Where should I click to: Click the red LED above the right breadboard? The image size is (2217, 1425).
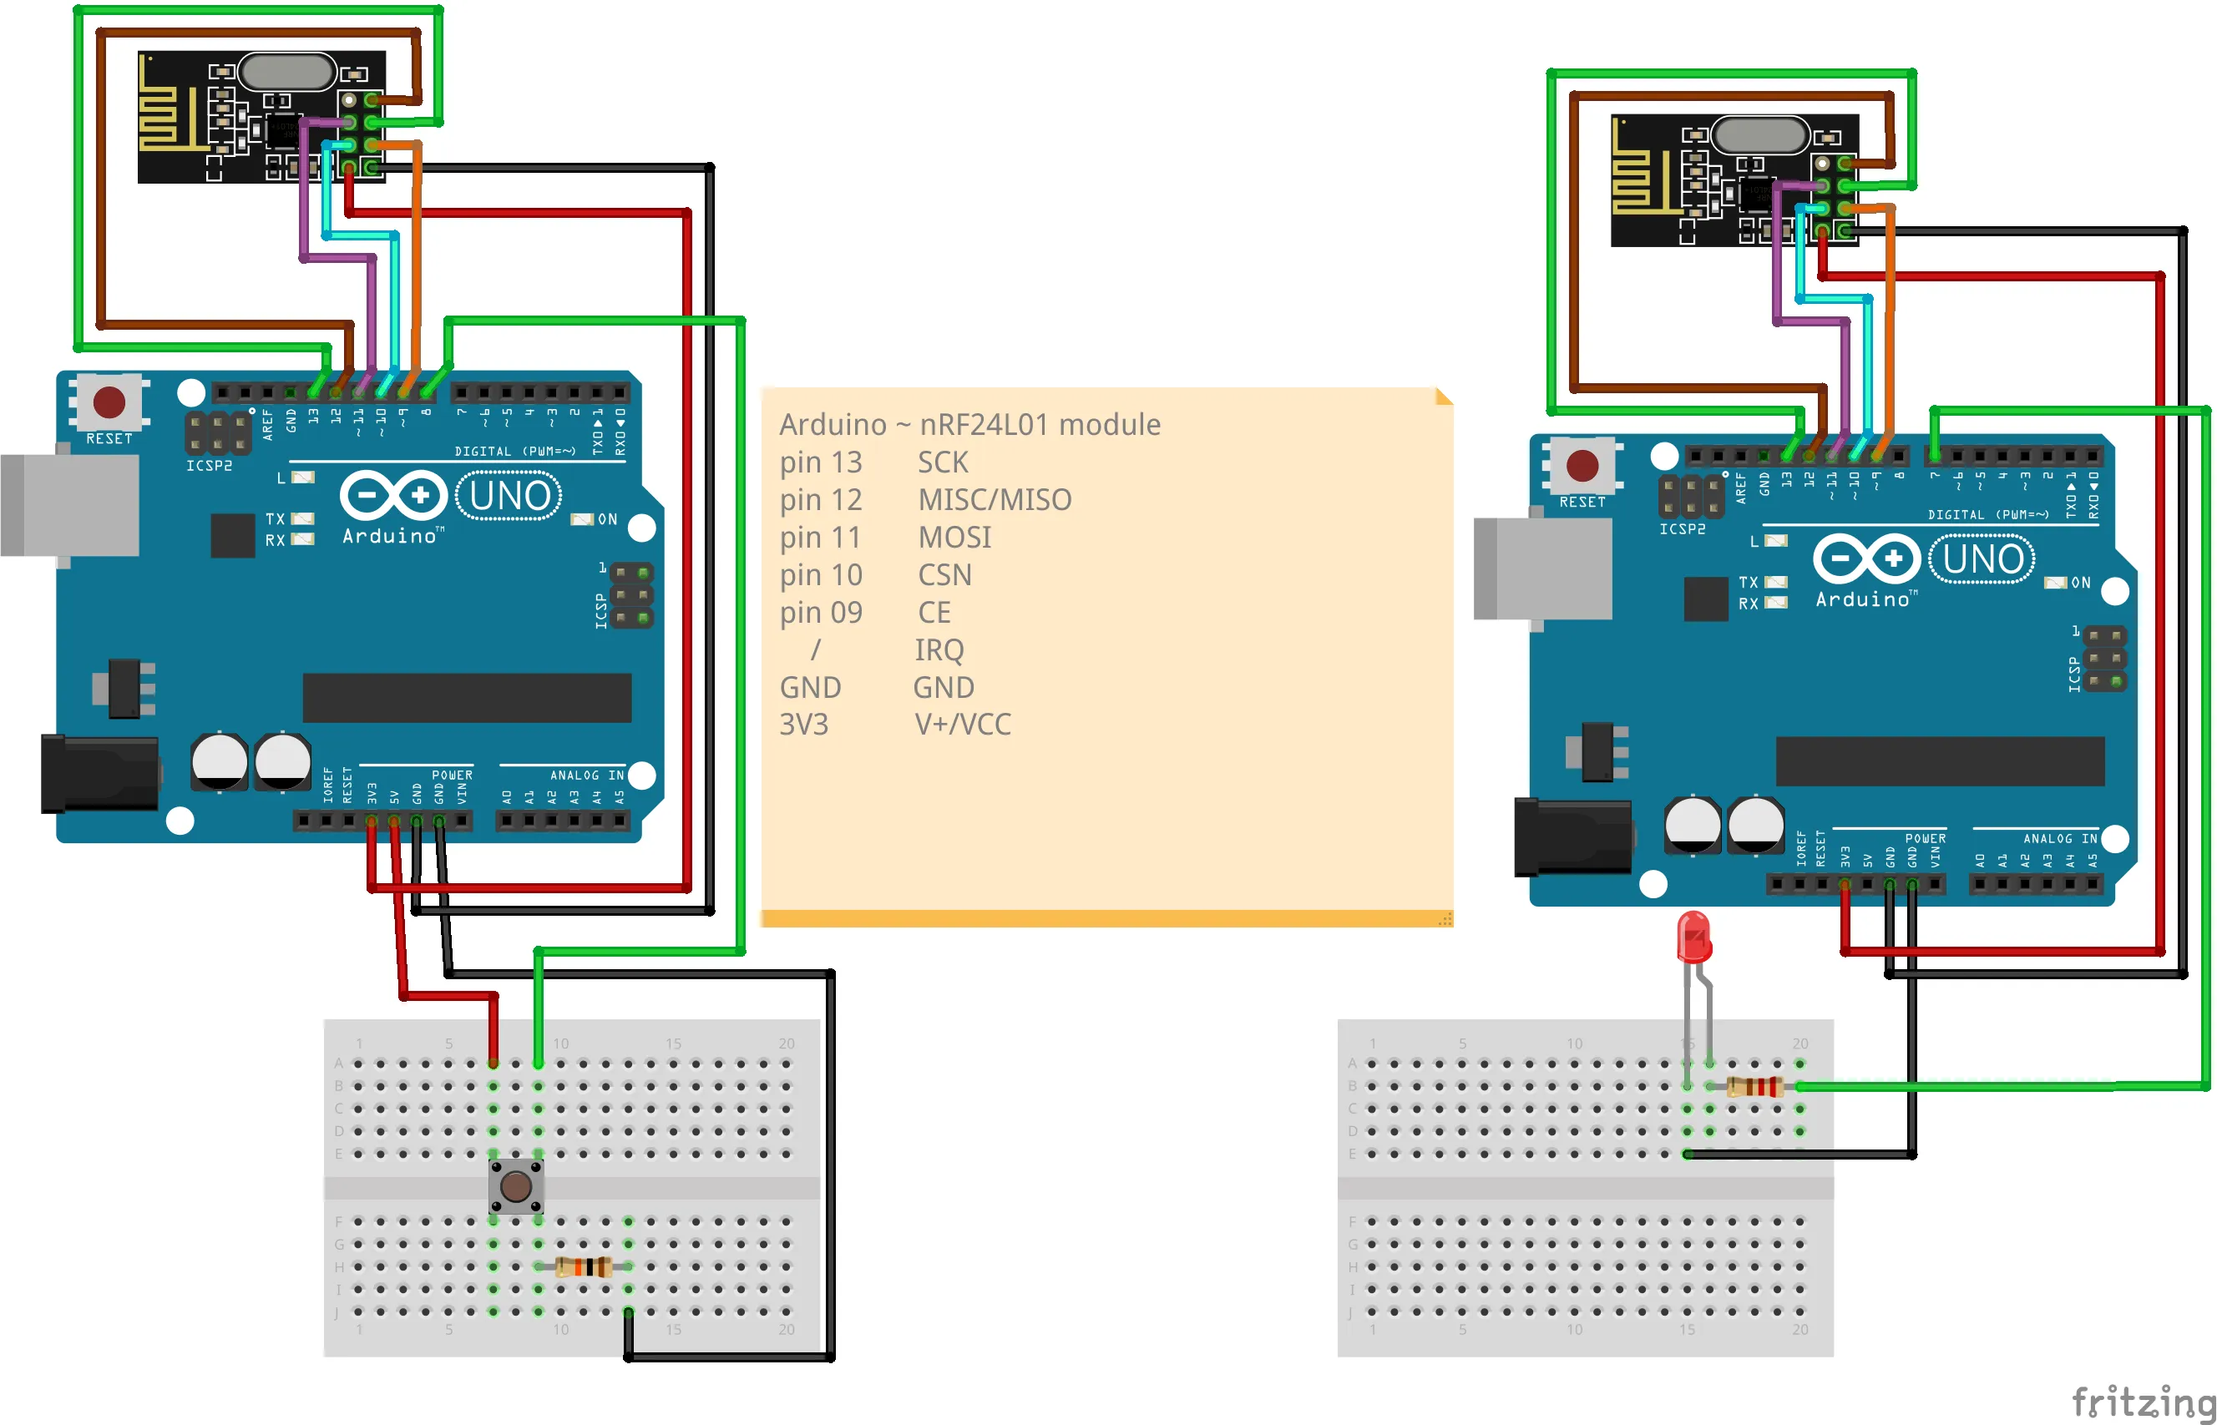(1693, 937)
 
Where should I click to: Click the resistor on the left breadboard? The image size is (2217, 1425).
(584, 1266)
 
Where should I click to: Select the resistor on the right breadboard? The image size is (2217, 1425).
(1754, 1086)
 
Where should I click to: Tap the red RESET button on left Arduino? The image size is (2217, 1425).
(109, 402)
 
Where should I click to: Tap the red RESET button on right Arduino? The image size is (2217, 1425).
(1582, 466)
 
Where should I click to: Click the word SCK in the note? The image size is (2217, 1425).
(942, 462)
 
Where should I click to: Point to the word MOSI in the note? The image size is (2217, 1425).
(954, 537)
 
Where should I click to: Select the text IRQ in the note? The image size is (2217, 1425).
(939, 649)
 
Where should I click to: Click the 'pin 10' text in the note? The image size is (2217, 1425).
(821, 574)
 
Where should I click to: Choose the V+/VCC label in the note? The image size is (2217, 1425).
(962, 724)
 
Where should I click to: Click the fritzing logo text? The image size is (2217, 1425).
(2142, 1401)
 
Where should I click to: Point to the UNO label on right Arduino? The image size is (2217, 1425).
(1982, 558)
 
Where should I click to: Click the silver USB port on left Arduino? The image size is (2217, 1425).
(70, 504)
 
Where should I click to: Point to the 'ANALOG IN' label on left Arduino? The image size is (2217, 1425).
(587, 776)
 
